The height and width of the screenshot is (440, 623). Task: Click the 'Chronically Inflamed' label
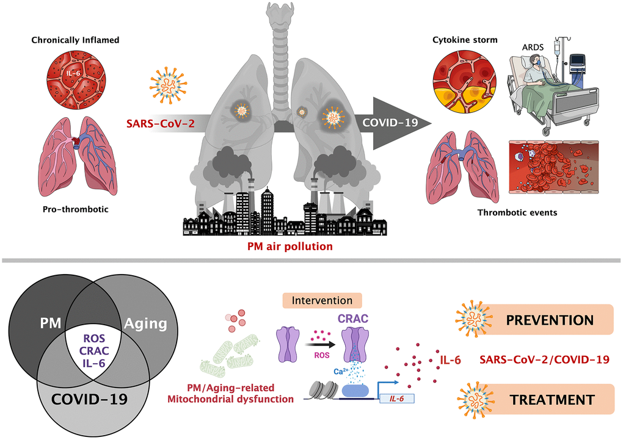coord(75,40)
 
